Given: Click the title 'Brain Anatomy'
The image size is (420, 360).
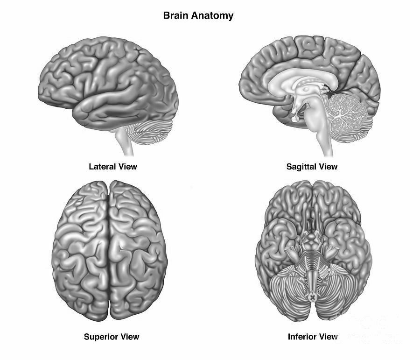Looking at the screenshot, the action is coord(198,15).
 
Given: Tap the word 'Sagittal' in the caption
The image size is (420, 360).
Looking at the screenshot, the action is coord(301,166).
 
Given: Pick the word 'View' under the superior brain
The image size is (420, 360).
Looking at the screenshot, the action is coord(129,337).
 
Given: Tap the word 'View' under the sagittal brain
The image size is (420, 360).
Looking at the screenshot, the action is coord(327,166).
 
